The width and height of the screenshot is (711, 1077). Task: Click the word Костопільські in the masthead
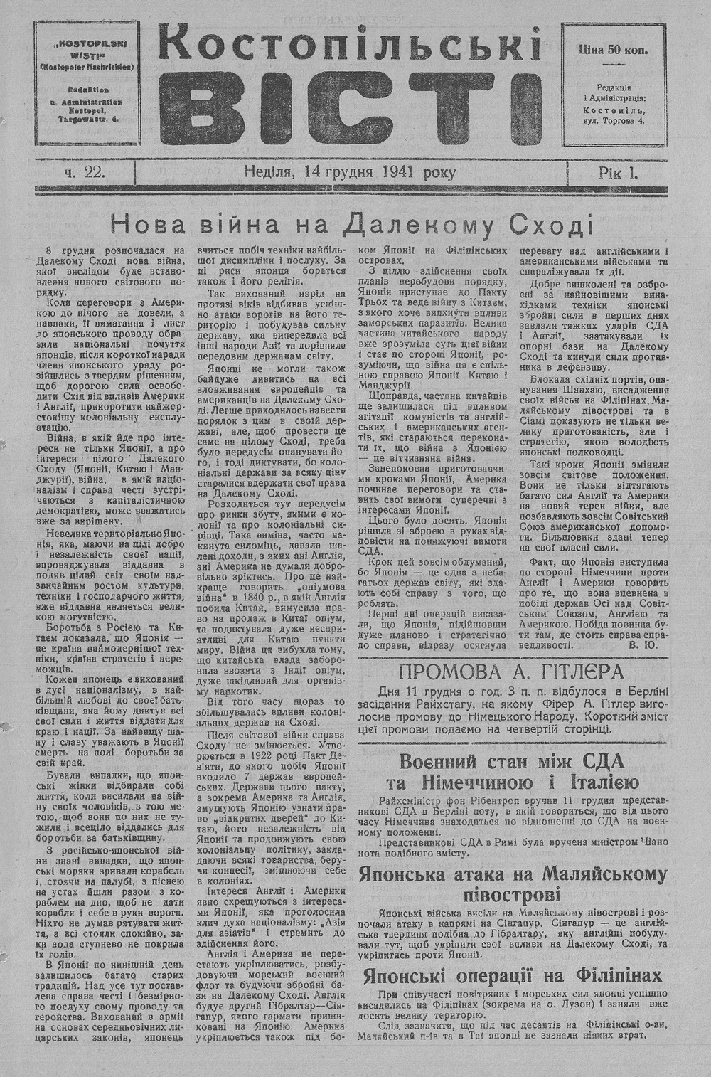pyautogui.click(x=348, y=48)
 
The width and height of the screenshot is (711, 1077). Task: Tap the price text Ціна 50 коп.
pyautogui.click(x=614, y=51)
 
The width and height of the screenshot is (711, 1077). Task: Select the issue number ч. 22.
pyautogui.click(x=85, y=172)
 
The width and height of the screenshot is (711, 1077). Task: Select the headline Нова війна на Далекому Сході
pyautogui.click(x=351, y=225)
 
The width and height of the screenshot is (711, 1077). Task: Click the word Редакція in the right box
pyautogui.click(x=614, y=86)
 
